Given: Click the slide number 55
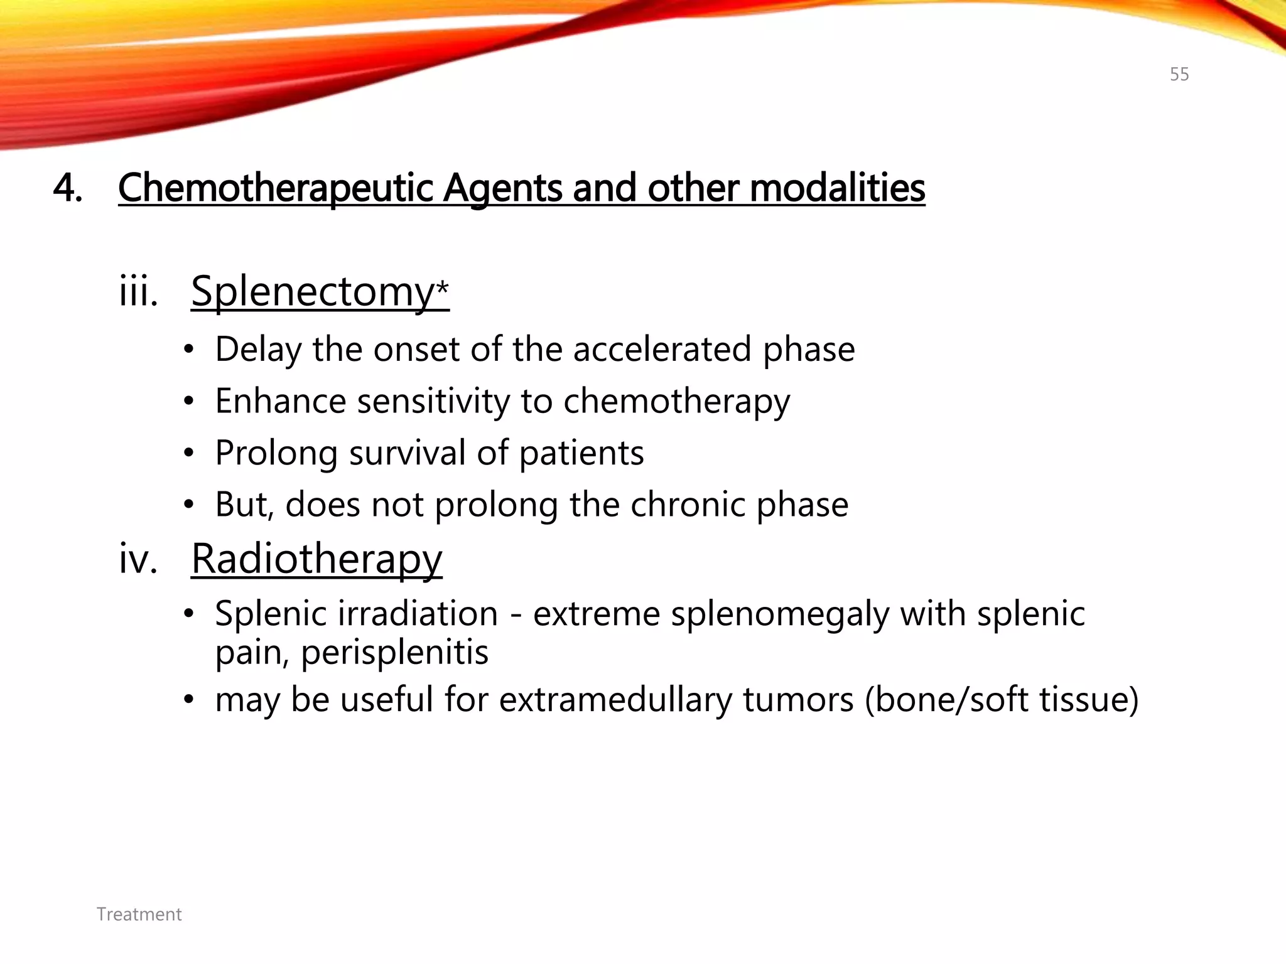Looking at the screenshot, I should tap(1179, 74).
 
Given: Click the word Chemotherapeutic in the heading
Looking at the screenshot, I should tap(275, 188).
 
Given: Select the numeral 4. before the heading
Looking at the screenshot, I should tap(67, 188).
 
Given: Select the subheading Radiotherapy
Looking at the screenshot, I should tap(316, 558).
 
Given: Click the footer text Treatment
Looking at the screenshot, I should tap(139, 914).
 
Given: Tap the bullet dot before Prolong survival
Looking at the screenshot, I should tap(188, 453).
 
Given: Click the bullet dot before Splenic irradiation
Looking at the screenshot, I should tap(188, 614).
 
